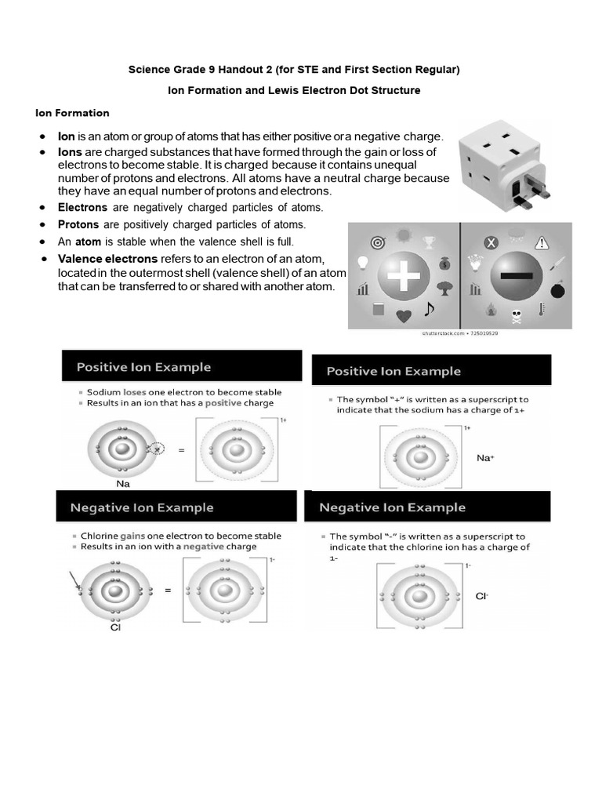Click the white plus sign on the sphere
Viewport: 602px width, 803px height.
(x=404, y=277)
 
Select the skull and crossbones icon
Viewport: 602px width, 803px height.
(x=517, y=317)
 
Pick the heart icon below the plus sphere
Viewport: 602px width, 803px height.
(x=404, y=317)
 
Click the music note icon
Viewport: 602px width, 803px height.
(x=428, y=307)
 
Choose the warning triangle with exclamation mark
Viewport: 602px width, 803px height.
(x=544, y=241)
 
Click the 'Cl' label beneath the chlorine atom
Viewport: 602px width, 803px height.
(x=116, y=627)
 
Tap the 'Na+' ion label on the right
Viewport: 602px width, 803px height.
(x=486, y=456)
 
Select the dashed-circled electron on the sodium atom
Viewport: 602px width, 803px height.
(x=158, y=449)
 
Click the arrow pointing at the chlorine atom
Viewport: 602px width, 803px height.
(x=75, y=581)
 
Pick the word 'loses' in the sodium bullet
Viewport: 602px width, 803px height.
(x=129, y=392)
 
